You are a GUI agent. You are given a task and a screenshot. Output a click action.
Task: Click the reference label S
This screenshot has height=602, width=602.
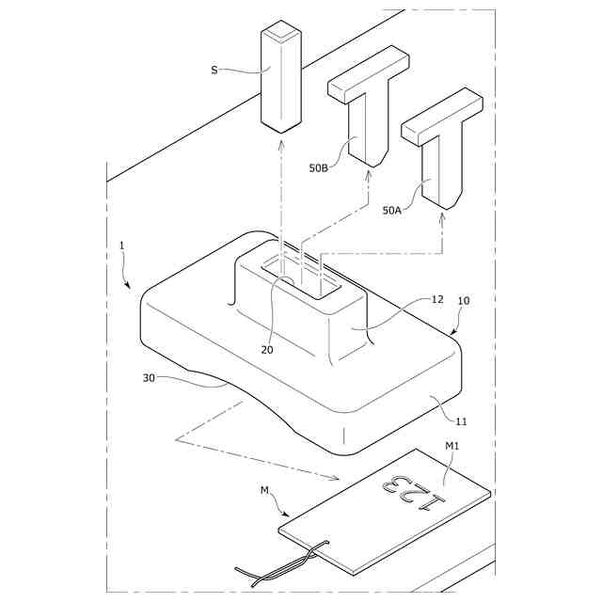[x=214, y=69]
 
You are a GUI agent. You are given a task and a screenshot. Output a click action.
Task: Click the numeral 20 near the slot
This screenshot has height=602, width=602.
[x=267, y=350]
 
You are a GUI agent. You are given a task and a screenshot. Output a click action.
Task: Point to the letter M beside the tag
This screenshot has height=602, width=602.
[x=263, y=491]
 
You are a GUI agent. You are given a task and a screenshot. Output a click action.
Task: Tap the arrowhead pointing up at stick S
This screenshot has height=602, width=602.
[x=282, y=144]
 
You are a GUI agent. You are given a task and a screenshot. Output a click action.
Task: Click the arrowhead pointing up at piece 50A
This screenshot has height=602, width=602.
[x=442, y=219]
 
